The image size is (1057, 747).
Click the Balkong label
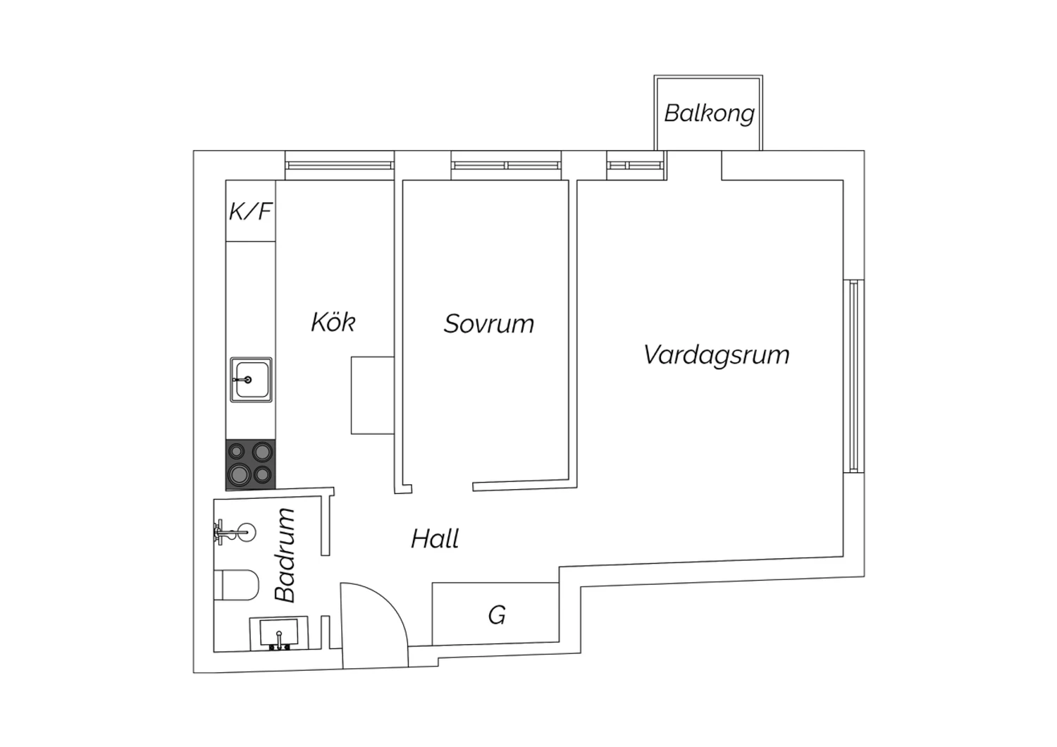pos(709,114)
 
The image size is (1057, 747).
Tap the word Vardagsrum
pos(716,355)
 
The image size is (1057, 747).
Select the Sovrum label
pos(489,323)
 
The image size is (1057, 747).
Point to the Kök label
pos(333,322)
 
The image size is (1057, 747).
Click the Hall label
pos(435,538)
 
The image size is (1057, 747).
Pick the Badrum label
pos(285,555)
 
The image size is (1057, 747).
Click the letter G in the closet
pos(497,615)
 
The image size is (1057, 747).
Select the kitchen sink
pos(251,380)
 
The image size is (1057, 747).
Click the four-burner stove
pos(251,465)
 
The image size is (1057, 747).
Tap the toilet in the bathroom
pos(236,585)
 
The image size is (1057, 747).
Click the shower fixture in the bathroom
pos(235,533)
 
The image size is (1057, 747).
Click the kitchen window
pos(340,166)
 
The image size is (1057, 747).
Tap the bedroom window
pos(506,166)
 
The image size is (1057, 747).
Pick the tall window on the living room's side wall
pos(853,376)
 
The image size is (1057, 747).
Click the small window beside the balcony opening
pos(636,166)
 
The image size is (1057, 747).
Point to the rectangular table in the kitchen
pos(372,395)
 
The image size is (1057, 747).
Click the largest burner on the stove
pos(240,474)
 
